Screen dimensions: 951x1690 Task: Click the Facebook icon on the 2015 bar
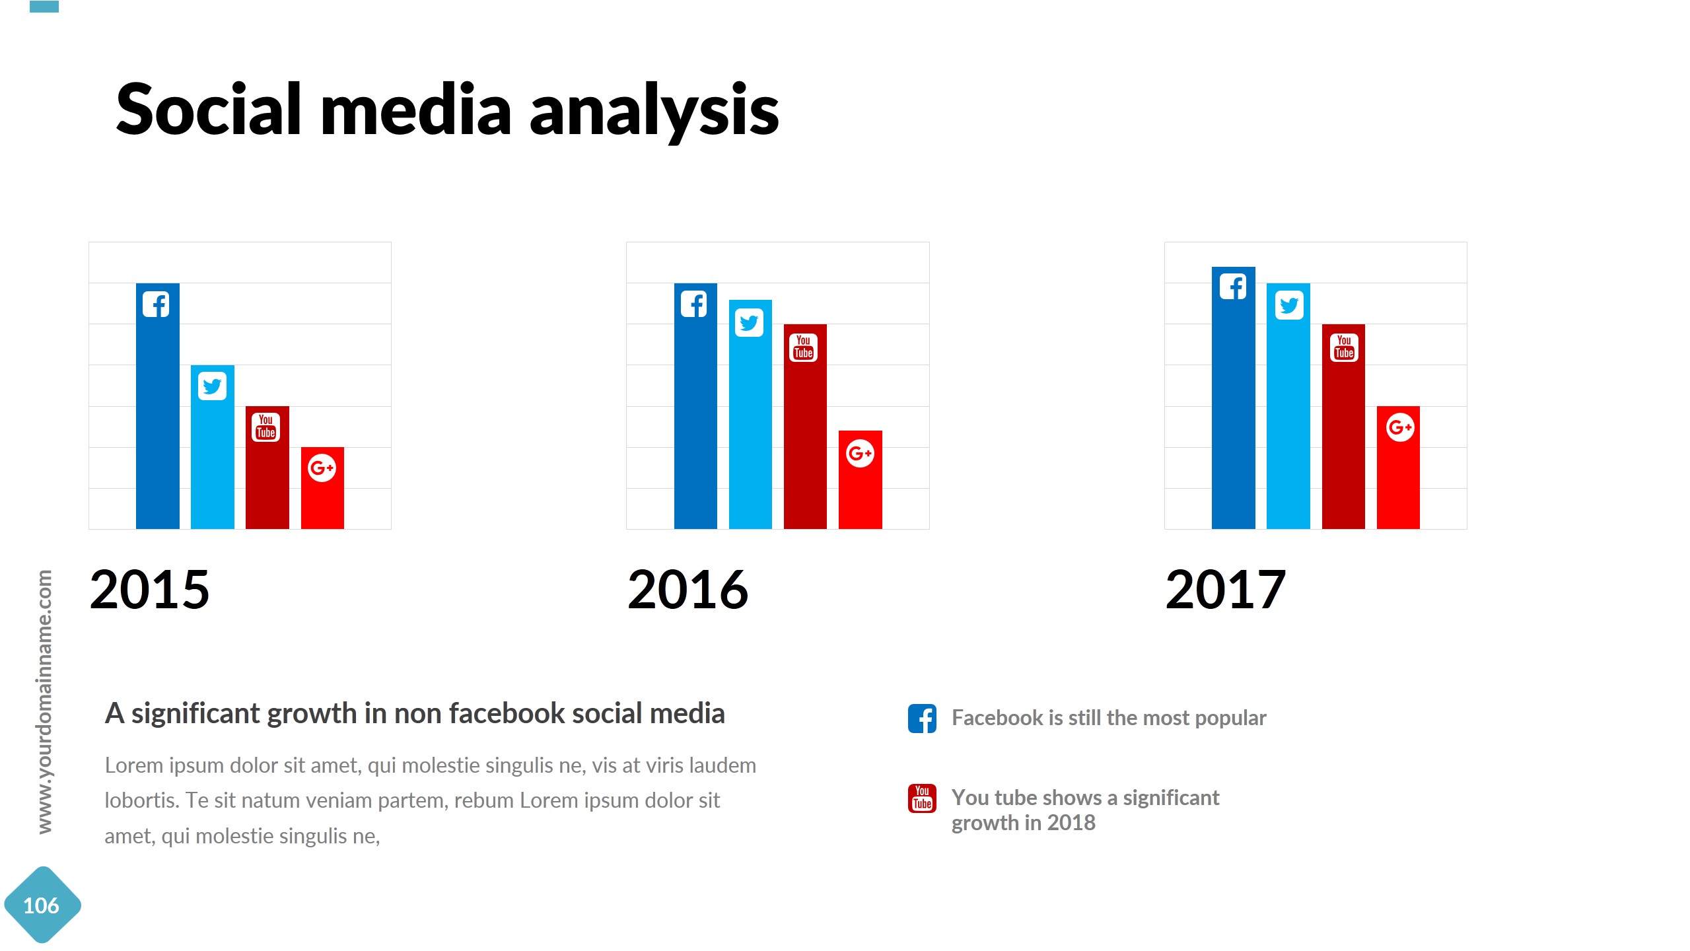pyautogui.click(x=157, y=304)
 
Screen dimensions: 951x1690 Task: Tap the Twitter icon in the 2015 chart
pyautogui.click(x=212, y=386)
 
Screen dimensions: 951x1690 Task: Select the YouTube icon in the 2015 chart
pyautogui.click(x=266, y=427)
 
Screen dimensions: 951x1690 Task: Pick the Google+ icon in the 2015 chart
pyautogui.click(x=322, y=468)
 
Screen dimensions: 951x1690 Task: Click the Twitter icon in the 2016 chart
pyautogui.click(x=749, y=323)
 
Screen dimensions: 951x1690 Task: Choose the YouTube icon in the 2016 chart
pyautogui.click(x=804, y=347)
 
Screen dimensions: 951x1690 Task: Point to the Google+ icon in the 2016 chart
pyautogui.click(x=860, y=453)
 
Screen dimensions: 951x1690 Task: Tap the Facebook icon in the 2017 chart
pyautogui.click(x=1233, y=287)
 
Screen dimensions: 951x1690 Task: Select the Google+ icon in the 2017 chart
pyautogui.click(x=1399, y=427)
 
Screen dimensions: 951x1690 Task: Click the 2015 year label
pyautogui.click(x=149, y=589)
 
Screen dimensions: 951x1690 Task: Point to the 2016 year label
pyautogui.click(x=687, y=589)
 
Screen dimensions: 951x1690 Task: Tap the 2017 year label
pyautogui.click(x=1225, y=589)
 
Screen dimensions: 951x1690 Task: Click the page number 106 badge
pyautogui.click(x=42, y=905)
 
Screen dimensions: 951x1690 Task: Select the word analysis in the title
pyautogui.click(x=654, y=110)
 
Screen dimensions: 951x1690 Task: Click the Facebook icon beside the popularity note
pyautogui.click(x=922, y=719)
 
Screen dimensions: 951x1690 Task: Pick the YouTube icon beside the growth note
pyautogui.click(x=922, y=798)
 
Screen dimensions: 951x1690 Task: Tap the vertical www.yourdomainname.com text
pyautogui.click(x=44, y=701)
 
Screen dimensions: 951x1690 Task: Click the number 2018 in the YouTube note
pyautogui.click(x=1071, y=823)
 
